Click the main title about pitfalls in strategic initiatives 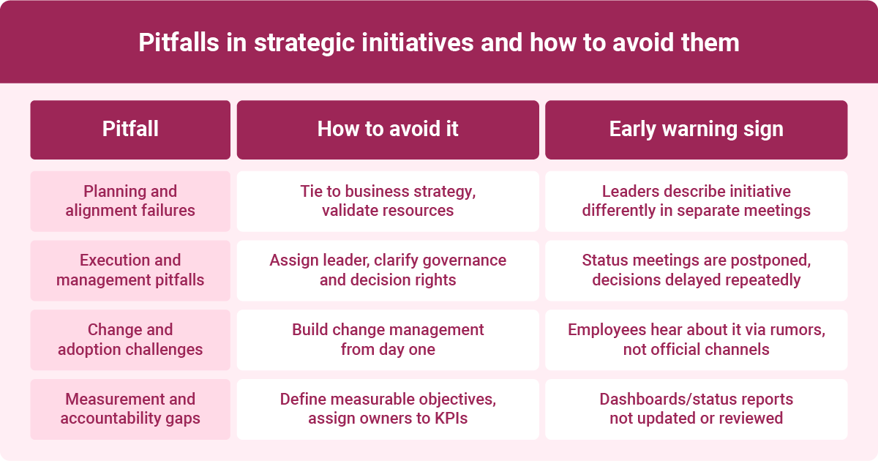pos(439,42)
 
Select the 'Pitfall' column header pos(130,130)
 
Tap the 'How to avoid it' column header pos(388,130)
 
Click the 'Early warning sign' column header pos(696,130)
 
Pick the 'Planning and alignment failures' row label pos(130,201)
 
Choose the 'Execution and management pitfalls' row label pos(130,270)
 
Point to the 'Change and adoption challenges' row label pos(130,340)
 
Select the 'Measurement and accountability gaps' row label pos(130,408)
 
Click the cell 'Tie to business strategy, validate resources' pos(388,201)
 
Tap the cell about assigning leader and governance pos(388,270)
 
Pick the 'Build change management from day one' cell pos(388,340)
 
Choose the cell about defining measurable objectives pos(388,408)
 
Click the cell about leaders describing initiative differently pos(696,201)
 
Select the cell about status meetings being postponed pos(696,270)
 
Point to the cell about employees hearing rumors pos(696,340)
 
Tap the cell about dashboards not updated pos(696,408)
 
